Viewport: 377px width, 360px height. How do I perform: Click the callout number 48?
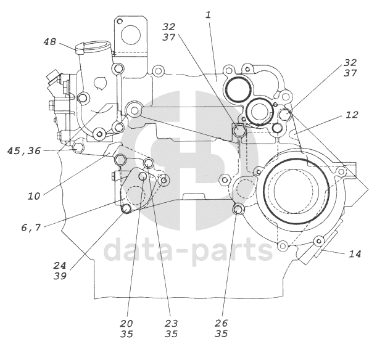coord(50,42)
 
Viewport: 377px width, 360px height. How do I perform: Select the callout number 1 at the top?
coord(208,15)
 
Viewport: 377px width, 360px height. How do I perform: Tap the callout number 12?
coord(352,115)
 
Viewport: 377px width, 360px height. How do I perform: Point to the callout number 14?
coord(355,254)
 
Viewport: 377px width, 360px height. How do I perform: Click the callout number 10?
coord(34,197)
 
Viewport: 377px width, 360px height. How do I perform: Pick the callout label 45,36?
coord(24,151)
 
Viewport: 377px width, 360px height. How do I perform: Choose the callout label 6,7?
coord(31,227)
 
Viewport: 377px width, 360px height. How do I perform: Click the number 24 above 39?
coord(60,266)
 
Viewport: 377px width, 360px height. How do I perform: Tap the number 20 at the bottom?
coord(126,324)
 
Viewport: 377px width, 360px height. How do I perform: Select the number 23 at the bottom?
coord(171,324)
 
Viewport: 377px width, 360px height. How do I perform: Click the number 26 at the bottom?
coord(221,323)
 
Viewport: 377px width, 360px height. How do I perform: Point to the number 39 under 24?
coord(60,276)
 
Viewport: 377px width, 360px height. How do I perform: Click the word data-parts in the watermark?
coord(189,250)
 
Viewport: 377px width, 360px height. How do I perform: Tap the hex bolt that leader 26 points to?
coord(238,210)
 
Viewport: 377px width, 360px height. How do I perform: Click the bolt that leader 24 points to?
coord(126,208)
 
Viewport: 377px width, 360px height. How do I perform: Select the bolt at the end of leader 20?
coord(143,176)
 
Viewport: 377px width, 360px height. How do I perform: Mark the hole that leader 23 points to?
coord(148,163)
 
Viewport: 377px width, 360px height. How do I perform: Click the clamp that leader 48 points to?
coord(80,48)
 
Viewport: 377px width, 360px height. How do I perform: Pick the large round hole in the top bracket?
coord(131,35)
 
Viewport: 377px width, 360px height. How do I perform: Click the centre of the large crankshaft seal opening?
coord(296,190)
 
